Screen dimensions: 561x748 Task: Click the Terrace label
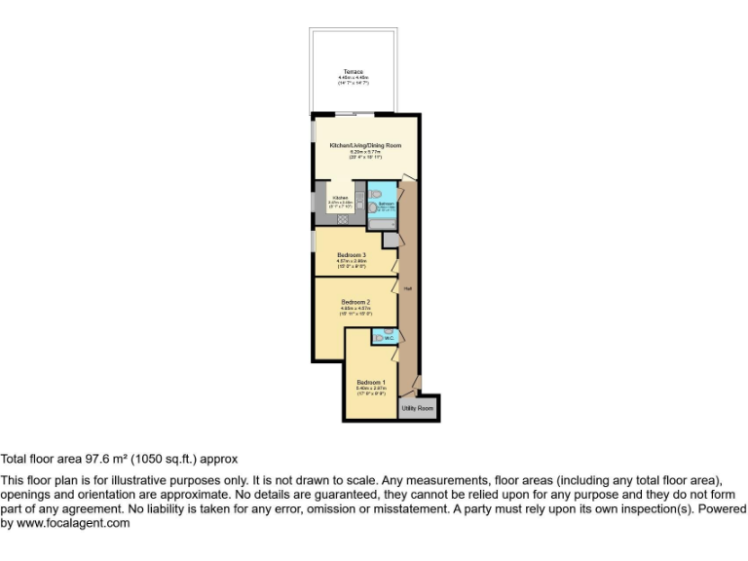click(352, 72)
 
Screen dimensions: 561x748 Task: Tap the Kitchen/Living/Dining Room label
click(365, 145)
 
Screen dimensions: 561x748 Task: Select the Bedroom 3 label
click(351, 255)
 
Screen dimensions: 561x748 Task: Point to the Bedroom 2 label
click(355, 302)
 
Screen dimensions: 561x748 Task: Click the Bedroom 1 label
click(370, 382)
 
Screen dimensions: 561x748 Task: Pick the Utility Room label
click(418, 408)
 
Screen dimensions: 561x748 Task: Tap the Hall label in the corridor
click(408, 288)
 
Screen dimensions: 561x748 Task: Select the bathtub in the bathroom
click(383, 223)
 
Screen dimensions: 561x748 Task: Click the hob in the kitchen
click(343, 220)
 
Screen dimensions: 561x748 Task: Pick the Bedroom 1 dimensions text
click(370, 391)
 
